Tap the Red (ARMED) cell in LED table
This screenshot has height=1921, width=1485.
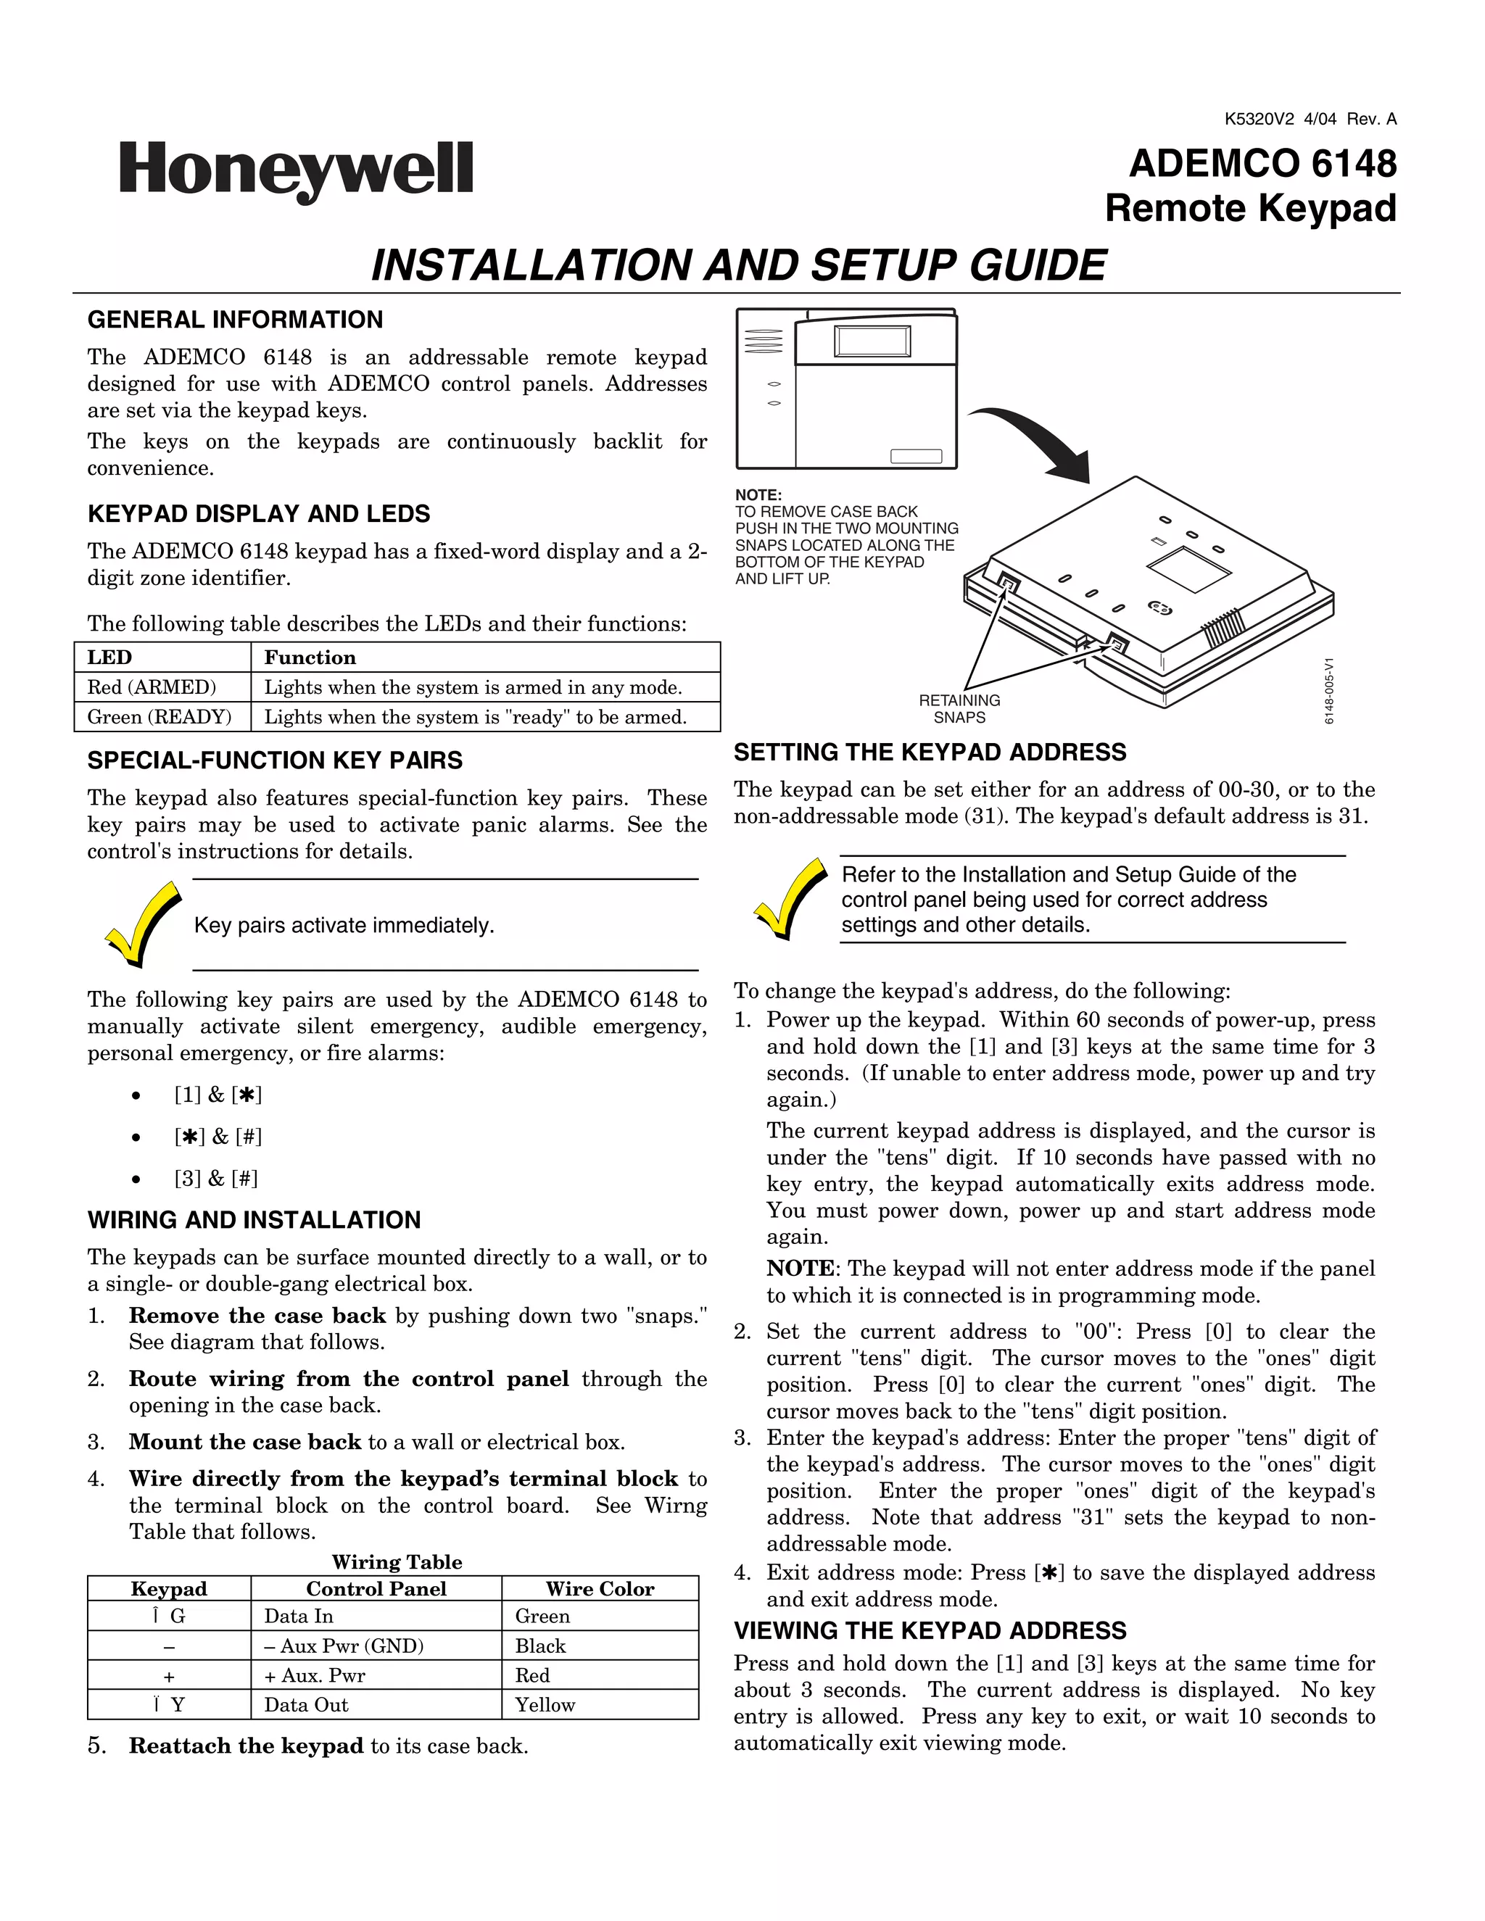click(x=152, y=687)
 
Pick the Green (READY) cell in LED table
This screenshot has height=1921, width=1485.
click(x=160, y=717)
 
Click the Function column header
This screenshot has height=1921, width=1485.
click(x=310, y=657)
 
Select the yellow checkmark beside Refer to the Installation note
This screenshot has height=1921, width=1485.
click(x=790, y=898)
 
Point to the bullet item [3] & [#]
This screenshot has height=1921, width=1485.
click(x=215, y=1179)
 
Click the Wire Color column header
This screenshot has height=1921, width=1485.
click(x=599, y=1588)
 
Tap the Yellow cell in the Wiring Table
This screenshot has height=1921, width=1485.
click(x=545, y=1705)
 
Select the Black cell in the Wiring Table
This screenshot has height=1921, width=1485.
click(x=540, y=1646)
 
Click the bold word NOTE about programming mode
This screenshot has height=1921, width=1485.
click(x=800, y=1269)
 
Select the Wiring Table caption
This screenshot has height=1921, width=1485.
click(x=397, y=1561)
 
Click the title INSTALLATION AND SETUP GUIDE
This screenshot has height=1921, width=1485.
click(x=738, y=265)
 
